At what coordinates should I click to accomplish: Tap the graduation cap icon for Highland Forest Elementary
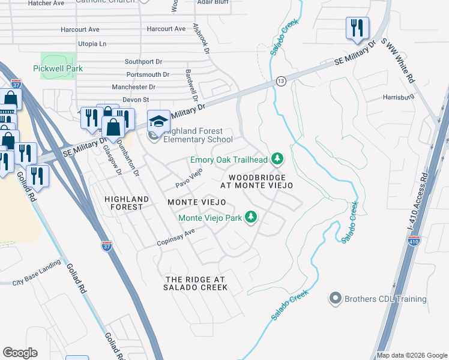(x=158, y=122)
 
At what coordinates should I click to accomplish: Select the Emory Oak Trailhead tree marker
(x=277, y=159)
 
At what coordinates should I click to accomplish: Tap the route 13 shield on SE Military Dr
(x=280, y=80)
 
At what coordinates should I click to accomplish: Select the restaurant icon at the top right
(x=357, y=28)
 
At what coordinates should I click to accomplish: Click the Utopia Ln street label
(x=92, y=44)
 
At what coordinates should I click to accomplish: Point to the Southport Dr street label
(x=143, y=61)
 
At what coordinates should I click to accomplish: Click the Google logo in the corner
(x=20, y=353)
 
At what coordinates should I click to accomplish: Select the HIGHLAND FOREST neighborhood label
(x=124, y=202)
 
